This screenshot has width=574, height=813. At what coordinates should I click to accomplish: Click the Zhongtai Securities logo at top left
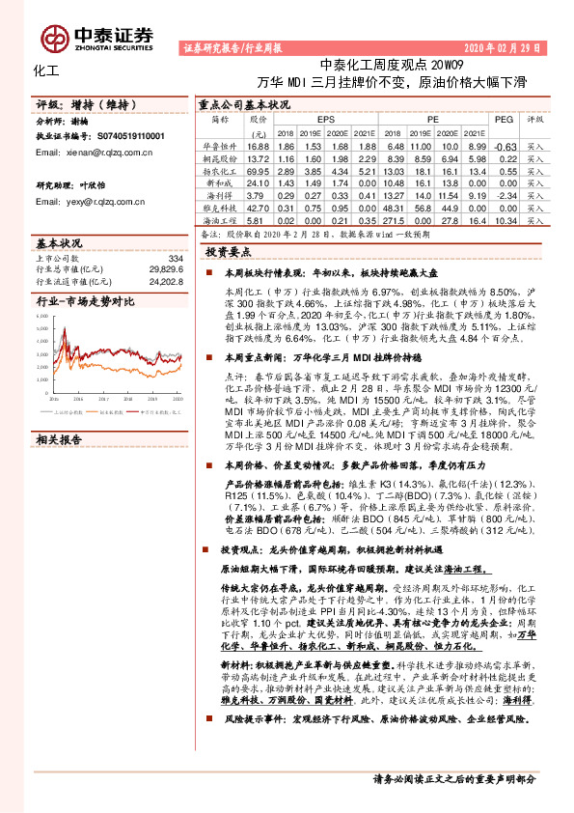[114, 35]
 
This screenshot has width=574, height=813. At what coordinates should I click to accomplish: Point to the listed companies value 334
[174, 259]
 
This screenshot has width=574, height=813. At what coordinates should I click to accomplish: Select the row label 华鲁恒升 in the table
[218, 144]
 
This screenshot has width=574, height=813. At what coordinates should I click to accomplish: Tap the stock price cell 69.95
[258, 169]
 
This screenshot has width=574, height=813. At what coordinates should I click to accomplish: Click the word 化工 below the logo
[46, 70]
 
